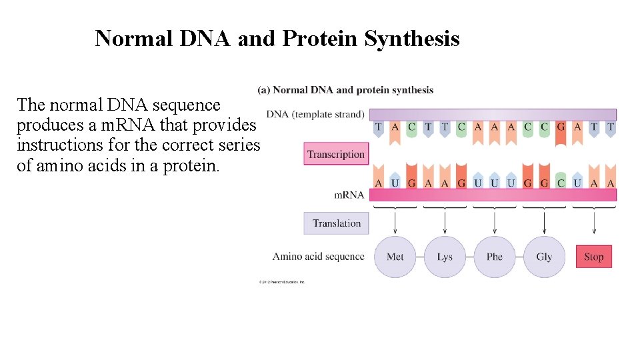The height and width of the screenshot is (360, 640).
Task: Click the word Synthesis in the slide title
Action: (411, 39)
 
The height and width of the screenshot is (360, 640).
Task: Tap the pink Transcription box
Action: (336, 154)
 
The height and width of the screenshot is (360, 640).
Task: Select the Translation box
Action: (336, 223)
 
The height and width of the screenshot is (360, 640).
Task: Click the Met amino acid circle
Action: (395, 257)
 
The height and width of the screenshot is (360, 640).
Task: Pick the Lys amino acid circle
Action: (445, 257)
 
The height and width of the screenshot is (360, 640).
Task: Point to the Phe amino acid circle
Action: (494, 257)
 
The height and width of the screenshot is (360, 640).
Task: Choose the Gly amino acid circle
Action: (544, 257)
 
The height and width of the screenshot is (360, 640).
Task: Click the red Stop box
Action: (593, 257)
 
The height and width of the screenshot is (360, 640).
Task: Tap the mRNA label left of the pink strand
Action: (349, 195)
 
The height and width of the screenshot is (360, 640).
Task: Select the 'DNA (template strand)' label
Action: (315, 115)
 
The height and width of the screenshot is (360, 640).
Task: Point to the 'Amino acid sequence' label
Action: (318, 256)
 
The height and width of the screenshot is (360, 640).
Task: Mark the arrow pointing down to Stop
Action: (593, 223)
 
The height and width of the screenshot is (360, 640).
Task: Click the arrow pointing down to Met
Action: (395, 223)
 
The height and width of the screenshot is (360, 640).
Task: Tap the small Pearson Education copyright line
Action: (282, 282)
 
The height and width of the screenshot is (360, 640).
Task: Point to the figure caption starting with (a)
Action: (345, 90)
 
